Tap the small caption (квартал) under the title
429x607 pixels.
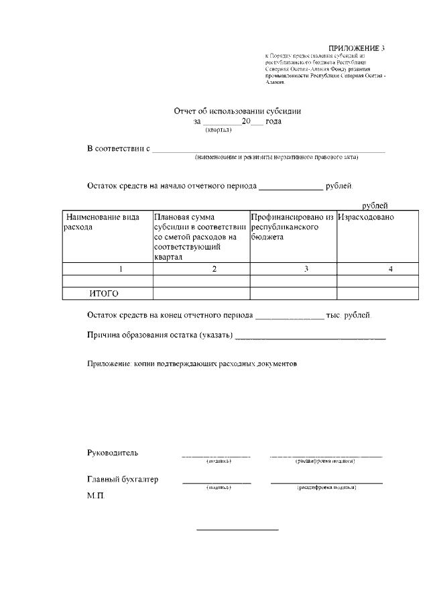coord(219,130)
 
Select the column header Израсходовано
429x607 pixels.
coord(365,217)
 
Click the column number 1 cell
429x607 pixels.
coord(121,269)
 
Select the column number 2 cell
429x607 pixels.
coord(214,269)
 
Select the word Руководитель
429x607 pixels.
coord(113,452)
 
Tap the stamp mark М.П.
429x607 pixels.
coord(96,496)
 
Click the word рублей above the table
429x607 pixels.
coord(375,205)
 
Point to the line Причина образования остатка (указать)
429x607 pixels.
coord(160,335)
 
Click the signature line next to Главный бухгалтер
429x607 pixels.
coord(217,482)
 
